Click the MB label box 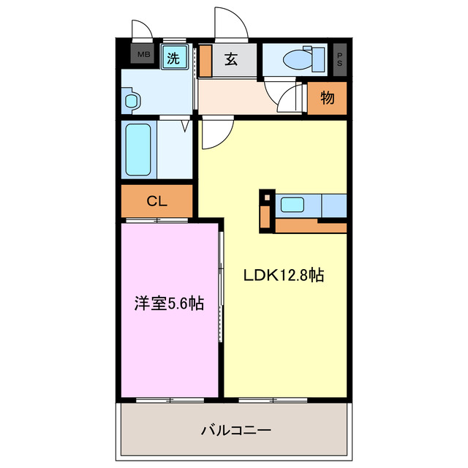pyautogui.click(x=142, y=55)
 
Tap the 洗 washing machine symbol pyautogui.click(x=174, y=57)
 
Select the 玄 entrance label pyautogui.click(x=230, y=60)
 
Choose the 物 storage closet pyautogui.click(x=327, y=98)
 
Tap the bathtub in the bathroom pyautogui.click(x=138, y=150)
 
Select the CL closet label pyautogui.click(x=156, y=201)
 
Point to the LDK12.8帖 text pyautogui.click(x=284, y=276)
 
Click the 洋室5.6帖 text pyautogui.click(x=168, y=303)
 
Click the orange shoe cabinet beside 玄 pyautogui.click(x=205, y=61)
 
